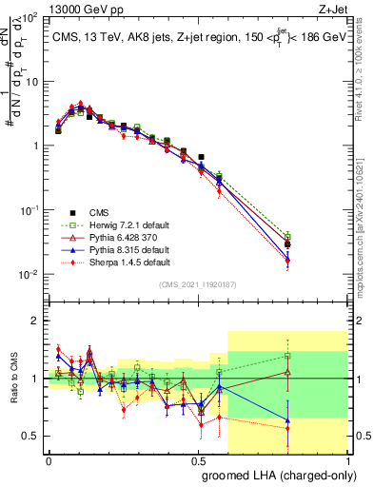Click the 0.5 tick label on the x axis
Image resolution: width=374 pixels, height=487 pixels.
pyautogui.click(x=198, y=459)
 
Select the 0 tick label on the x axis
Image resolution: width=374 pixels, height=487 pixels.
pyautogui.click(x=49, y=459)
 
